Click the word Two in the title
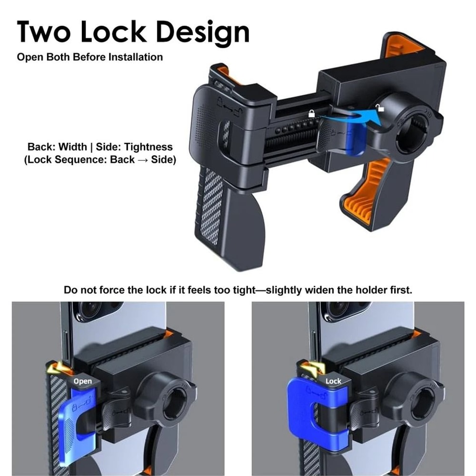(43, 31)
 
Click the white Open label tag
(82, 381)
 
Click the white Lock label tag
(333, 381)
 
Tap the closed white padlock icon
(311, 114)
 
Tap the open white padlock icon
(379, 107)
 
